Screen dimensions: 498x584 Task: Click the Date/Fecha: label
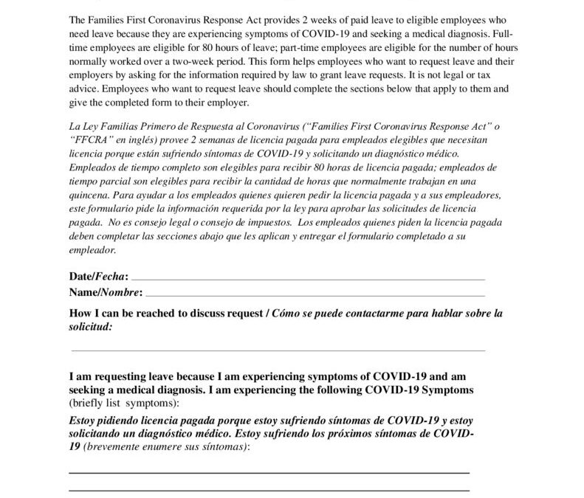[x=98, y=276]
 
